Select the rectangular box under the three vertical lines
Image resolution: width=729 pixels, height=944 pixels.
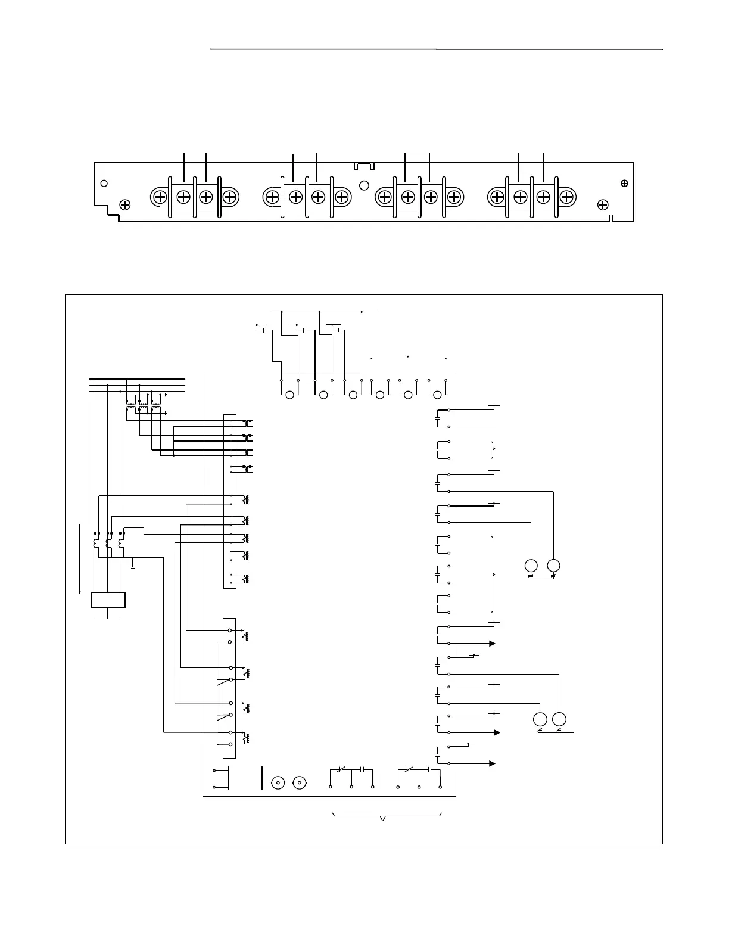(x=108, y=600)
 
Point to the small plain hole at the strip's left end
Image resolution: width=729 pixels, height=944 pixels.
(x=104, y=183)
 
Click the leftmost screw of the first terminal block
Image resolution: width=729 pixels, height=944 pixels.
(x=160, y=197)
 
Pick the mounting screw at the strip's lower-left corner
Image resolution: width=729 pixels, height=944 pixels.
(x=125, y=205)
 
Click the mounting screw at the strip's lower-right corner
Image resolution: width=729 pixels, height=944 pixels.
(x=603, y=205)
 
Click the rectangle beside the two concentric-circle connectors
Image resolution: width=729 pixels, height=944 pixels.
(x=245, y=778)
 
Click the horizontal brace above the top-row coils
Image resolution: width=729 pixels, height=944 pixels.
(x=409, y=358)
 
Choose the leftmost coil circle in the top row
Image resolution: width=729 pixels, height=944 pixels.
(x=290, y=395)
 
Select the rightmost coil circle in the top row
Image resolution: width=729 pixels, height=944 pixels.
(x=438, y=395)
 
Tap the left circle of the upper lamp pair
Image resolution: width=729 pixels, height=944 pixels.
(x=531, y=565)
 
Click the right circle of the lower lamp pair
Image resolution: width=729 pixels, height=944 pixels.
(x=559, y=719)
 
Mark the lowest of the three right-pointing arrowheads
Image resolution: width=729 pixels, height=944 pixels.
(x=492, y=763)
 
